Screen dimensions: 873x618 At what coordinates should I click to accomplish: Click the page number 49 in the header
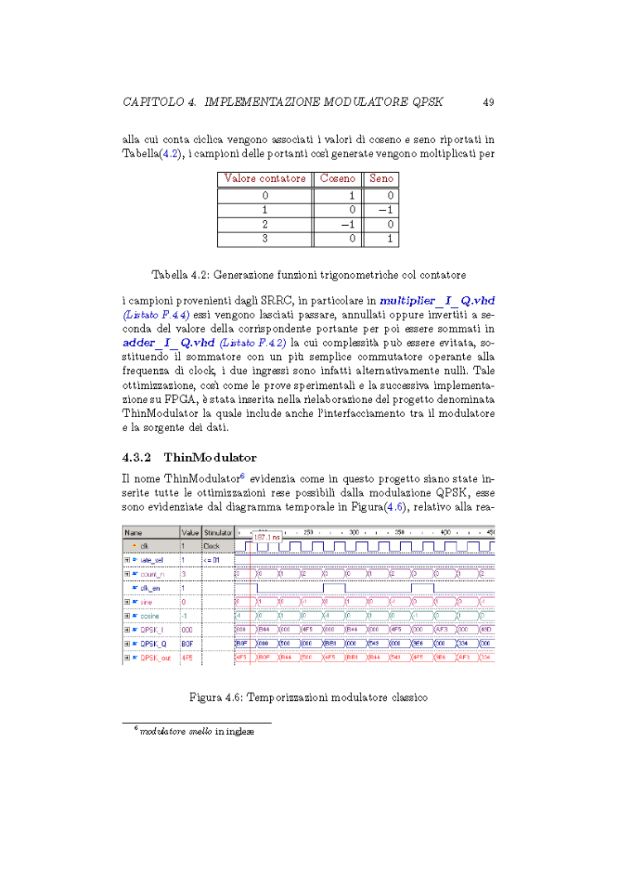[x=488, y=103]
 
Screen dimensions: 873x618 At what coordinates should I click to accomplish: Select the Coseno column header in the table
[x=337, y=179]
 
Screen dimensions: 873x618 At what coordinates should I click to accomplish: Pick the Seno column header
[x=381, y=179]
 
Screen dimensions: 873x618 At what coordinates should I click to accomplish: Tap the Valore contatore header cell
[x=264, y=179]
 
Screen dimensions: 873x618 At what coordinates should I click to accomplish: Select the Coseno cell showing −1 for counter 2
[x=347, y=224]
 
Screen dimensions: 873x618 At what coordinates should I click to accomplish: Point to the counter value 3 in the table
[x=265, y=239]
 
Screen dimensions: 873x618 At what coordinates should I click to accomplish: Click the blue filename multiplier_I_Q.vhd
[x=437, y=300]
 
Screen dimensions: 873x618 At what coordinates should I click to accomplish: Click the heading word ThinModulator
[x=210, y=457]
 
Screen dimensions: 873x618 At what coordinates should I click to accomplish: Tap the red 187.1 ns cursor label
[x=267, y=537]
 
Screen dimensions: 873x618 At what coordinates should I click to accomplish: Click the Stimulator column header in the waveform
[x=218, y=533]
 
